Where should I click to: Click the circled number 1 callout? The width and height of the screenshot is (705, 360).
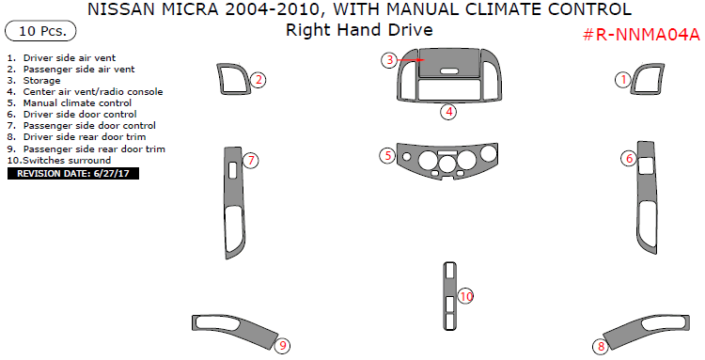[622, 81]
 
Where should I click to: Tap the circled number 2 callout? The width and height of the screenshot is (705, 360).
[258, 81]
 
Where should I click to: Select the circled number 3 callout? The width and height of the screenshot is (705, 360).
[389, 60]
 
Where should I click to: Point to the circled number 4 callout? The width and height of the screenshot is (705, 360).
[449, 112]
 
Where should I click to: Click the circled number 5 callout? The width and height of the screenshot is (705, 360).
[386, 155]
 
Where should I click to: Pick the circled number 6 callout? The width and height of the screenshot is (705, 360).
[629, 159]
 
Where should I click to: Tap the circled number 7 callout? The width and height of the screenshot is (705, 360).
[251, 161]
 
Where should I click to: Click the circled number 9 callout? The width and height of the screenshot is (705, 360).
[282, 346]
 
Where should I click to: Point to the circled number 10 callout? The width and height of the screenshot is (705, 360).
[466, 297]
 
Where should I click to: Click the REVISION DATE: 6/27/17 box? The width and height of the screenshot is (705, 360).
[73, 173]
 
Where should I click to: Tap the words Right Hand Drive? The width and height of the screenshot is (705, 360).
[359, 30]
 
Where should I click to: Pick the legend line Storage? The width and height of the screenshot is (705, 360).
[42, 80]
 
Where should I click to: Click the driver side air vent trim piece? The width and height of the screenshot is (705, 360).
[648, 81]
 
